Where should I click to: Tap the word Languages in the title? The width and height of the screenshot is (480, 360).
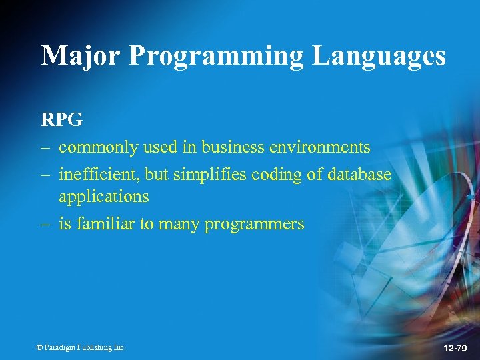pos(379,56)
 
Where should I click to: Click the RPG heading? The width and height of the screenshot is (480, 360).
pos(62,120)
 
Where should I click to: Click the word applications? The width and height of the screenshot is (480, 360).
pos(103,197)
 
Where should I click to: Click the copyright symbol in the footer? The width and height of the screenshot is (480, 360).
pos(39,347)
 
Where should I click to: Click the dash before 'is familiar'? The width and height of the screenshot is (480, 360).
pos(47,225)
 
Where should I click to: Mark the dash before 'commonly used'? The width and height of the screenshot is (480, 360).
pos(47,147)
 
